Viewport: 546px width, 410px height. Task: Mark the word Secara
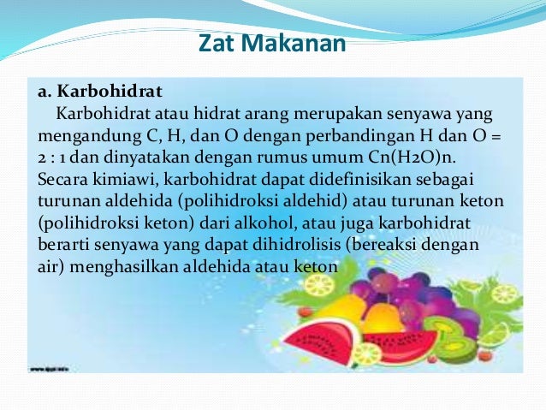click(x=61, y=180)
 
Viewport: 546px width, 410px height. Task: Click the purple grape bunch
click(x=402, y=291)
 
